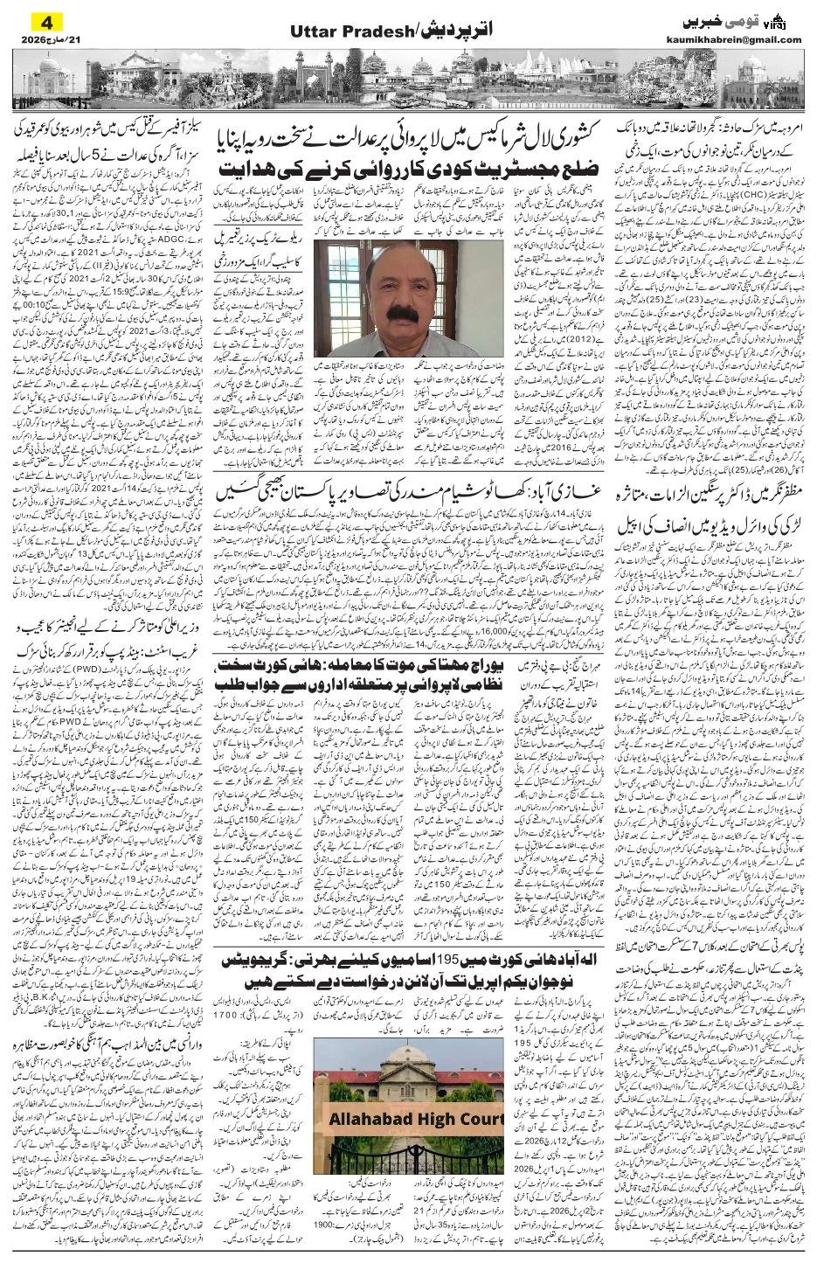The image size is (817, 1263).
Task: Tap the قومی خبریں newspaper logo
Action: coord(747,18)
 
